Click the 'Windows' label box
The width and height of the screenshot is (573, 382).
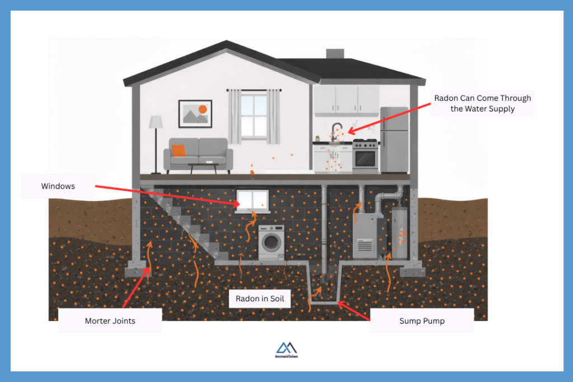(x=58, y=186)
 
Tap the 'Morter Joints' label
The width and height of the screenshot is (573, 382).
(x=110, y=321)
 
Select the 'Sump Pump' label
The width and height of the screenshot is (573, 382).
(x=421, y=321)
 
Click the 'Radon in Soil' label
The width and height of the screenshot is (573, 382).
(x=260, y=299)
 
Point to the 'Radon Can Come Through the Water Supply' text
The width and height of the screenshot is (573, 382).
(x=482, y=103)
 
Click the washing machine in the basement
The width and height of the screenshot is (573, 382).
(x=271, y=242)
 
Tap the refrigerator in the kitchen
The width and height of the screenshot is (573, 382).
(x=394, y=139)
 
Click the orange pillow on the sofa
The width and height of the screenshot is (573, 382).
(x=178, y=150)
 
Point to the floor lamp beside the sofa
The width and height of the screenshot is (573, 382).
(x=156, y=140)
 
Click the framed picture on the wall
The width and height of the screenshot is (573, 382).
(x=195, y=114)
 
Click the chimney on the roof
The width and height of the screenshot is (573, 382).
(x=335, y=54)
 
